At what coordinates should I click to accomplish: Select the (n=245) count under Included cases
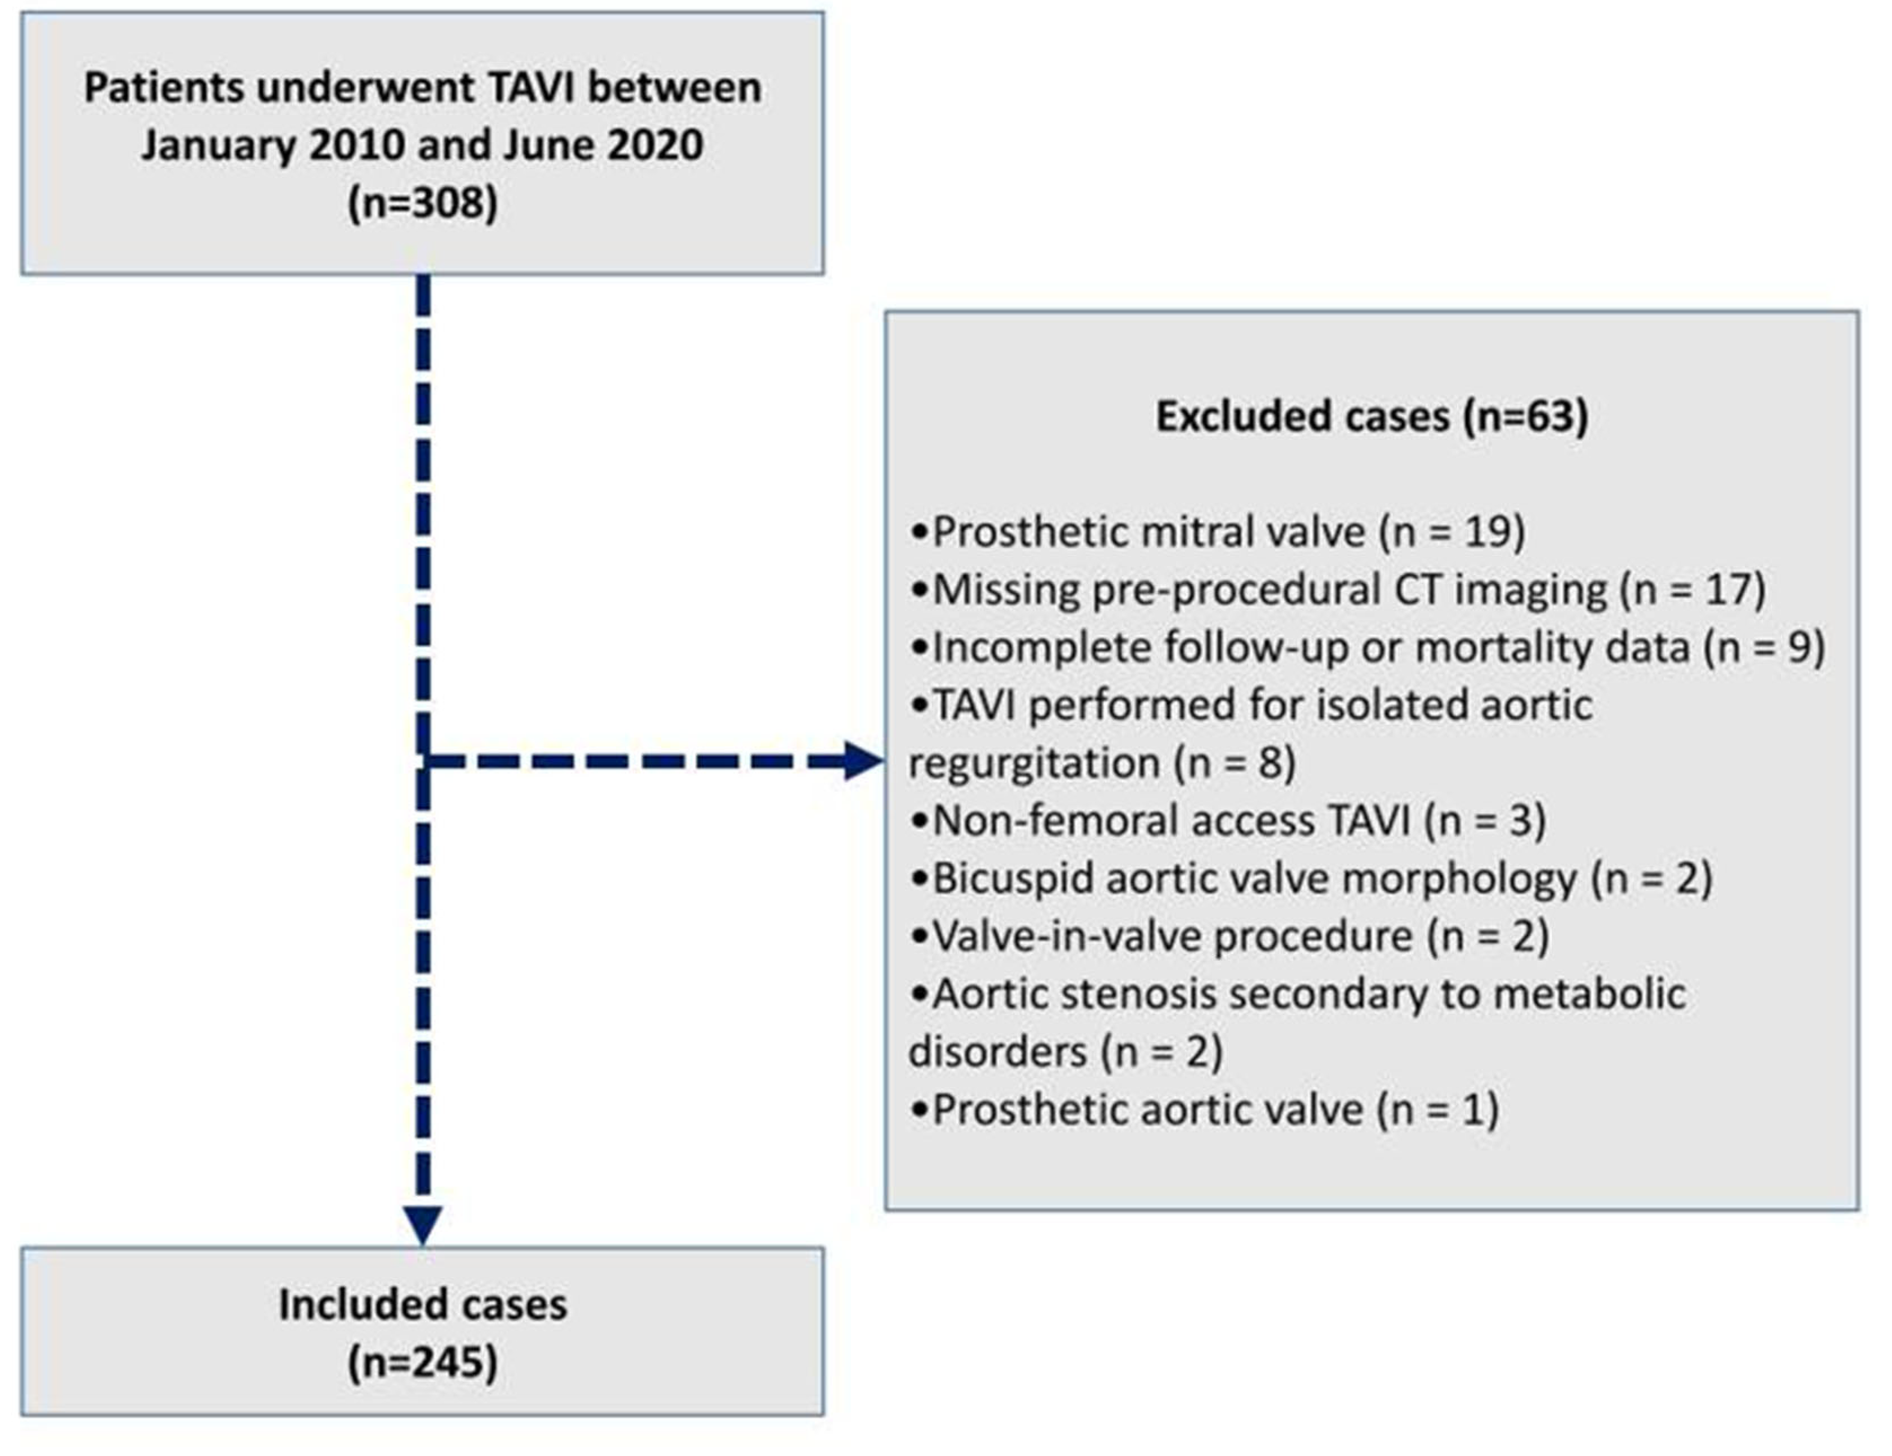click(x=423, y=1362)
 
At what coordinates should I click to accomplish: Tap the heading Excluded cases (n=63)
click(x=1373, y=417)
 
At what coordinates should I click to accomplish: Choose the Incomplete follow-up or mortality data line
click(x=1367, y=648)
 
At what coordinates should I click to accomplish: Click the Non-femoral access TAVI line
click(x=1227, y=821)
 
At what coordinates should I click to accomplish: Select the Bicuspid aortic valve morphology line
click(x=1311, y=879)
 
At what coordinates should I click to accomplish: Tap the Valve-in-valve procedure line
click(x=1229, y=936)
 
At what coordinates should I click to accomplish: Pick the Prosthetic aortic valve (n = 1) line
click(x=1204, y=1109)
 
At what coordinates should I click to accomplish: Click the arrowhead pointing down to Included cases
click(x=423, y=1225)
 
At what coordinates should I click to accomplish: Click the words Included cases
click(x=423, y=1304)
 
